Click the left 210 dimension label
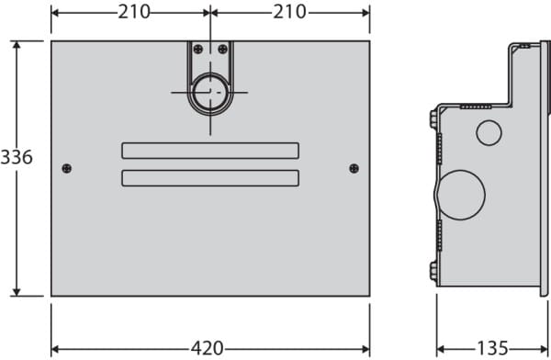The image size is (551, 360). pos(134,12)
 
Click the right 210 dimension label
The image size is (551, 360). pos(290,12)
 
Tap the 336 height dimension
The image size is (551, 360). pos(17,157)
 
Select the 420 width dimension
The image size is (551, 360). pos(207,348)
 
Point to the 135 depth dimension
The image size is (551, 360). pos(492,348)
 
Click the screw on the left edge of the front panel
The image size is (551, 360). pos(67,168)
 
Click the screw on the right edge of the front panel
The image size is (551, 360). pos(354,168)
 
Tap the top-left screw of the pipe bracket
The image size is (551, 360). pos(198,49)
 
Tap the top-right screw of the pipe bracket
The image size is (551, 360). pos(222,49)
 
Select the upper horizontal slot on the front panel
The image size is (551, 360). pos(210,151)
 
